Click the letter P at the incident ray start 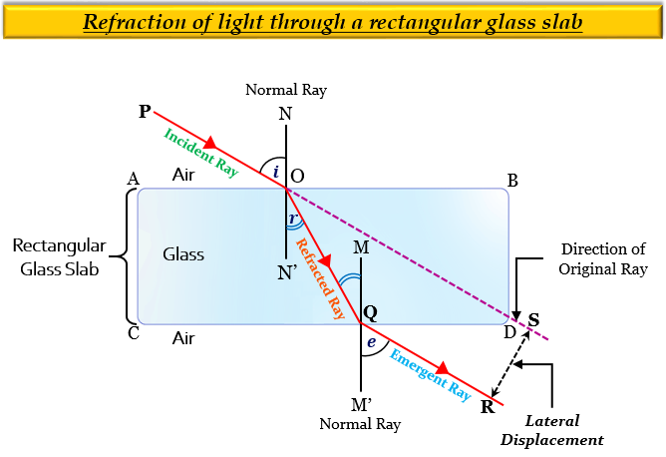pos(145,111)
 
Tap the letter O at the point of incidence pos(297,176)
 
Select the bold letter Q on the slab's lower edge pos(370,312)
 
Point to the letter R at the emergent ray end pos(488,406)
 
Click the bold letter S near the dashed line pos(533,319)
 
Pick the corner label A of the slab pos(133,178)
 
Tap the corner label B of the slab pos(512,181)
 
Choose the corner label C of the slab pos(133,333)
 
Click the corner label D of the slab pos(510,331)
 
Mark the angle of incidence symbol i pos(276,172)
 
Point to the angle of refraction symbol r pos(292,220)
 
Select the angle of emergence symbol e pos(372,341)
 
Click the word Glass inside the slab pos(183,254)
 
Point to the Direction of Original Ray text pos(603,258)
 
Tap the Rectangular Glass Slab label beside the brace pos(55,256)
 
